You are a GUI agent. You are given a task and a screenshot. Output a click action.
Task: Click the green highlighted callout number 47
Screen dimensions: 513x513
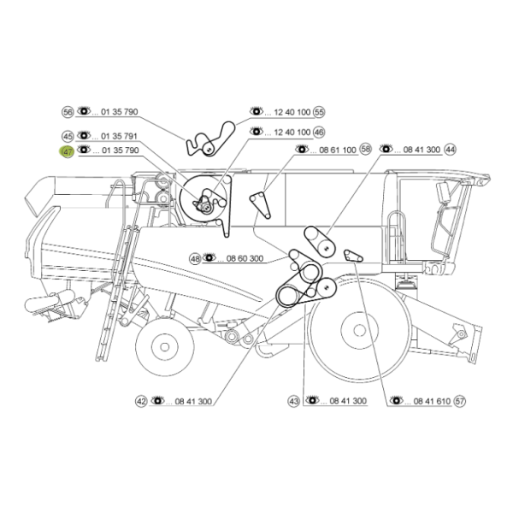68,152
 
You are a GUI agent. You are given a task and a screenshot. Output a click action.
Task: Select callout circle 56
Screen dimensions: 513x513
68,112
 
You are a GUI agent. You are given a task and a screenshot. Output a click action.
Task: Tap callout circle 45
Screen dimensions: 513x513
68,136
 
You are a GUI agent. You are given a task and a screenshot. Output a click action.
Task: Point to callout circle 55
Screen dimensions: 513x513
319,112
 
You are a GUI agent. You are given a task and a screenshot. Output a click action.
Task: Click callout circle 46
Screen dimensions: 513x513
319,133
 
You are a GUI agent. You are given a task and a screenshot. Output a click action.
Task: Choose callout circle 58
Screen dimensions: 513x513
365,149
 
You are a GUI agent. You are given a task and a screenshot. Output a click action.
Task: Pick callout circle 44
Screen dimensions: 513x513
451,150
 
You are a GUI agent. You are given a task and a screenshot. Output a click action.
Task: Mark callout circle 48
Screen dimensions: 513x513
195,259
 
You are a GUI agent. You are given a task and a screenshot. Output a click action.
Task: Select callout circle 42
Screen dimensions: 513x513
141,402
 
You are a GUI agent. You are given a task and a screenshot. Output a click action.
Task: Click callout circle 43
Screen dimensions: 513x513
294,402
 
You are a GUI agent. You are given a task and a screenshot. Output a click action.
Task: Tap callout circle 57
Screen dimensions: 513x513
460,401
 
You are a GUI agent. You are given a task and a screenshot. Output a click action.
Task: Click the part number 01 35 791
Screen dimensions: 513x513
119,136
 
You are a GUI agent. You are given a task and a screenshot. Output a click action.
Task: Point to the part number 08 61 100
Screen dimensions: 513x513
338,150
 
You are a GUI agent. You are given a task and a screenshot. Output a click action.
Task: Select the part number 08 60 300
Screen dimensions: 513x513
245,258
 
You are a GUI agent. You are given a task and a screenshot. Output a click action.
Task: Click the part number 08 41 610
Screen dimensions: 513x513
432,401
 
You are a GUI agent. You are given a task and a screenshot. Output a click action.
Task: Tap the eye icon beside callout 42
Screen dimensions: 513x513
157,400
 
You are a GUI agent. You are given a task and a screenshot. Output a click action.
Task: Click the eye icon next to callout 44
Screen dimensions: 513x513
386,148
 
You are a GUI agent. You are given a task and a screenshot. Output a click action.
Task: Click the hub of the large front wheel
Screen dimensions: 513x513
360,330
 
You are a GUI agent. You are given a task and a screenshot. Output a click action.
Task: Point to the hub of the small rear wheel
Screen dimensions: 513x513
164,347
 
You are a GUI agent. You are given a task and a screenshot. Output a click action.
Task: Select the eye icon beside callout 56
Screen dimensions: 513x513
84,110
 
